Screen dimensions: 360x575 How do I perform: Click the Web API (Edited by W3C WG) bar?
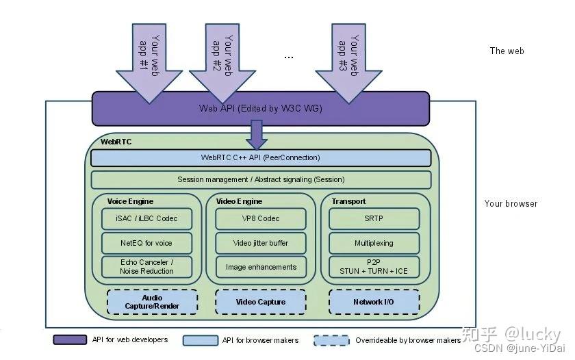click(x=260, y=109)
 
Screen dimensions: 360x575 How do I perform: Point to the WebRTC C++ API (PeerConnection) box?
click(x=260, y=158)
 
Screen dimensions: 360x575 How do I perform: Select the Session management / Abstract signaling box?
click(x=260, y=180)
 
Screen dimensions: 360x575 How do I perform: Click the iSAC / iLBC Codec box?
click(x=146, y=219)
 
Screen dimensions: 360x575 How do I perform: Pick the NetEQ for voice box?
click(x=146, y=243)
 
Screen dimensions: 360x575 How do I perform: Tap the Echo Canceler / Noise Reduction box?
click(x=146, y=267)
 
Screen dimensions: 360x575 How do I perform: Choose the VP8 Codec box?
click(x=261, y=219)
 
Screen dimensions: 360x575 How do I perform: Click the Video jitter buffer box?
click(x=261, y=243)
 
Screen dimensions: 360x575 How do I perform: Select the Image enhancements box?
click(x=261, y=267)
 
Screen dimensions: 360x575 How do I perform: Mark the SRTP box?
click(x=374, y=219)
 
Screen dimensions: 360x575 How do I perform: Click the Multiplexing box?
click(x=374, y=243)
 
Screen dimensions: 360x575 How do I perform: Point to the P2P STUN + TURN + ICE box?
click(x=374, y=267)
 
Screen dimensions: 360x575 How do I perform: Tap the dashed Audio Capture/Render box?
click(x=152, y=302)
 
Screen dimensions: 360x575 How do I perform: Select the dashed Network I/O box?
click(x=374, y=302)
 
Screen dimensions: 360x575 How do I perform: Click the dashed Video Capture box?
click(x=261, y=302)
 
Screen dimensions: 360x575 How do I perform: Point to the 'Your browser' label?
click(x=511, y=203)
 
